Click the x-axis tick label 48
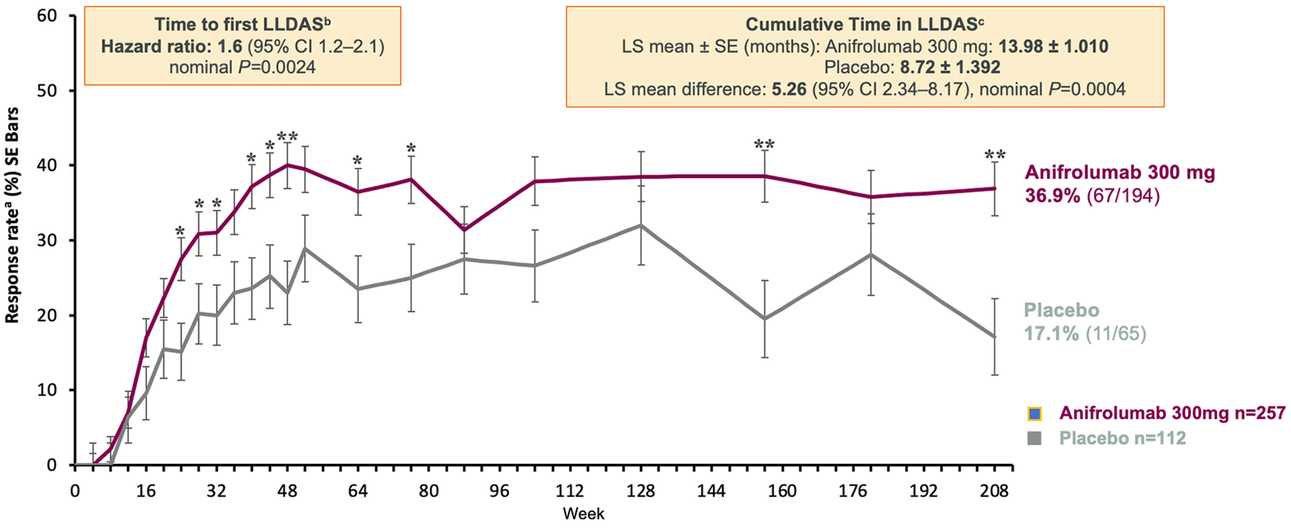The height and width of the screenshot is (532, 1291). coord(287,491)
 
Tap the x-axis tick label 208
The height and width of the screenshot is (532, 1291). coord(995,491)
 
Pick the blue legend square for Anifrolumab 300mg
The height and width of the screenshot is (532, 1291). coord(1035,414)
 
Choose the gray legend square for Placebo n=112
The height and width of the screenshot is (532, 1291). coord(1035,438)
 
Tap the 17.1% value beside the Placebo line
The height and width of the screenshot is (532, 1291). coord(1051,334)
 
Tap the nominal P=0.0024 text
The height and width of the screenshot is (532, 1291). coord(242,67)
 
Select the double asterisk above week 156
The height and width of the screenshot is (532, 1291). coord(765,145)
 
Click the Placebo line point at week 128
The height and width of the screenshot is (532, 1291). coord(641,225)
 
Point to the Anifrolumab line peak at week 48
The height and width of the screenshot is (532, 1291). coord(287,165)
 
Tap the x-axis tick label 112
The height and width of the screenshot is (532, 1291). coord(570,491)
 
